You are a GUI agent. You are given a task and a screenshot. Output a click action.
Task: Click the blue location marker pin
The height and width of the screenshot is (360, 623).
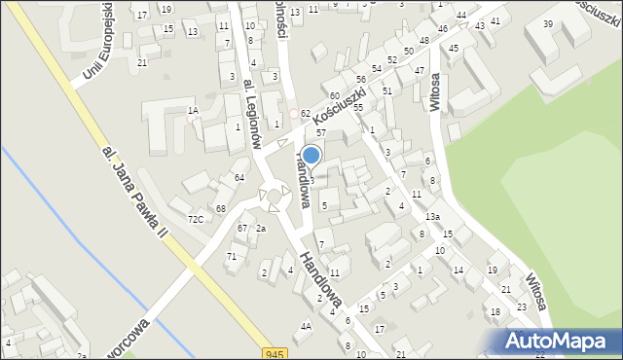(x=311, y=155)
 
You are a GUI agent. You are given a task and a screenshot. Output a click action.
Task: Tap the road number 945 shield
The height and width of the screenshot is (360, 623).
(x=275, y=353)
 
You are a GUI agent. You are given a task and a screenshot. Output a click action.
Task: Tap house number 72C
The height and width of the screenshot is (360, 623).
(x=196, y=219)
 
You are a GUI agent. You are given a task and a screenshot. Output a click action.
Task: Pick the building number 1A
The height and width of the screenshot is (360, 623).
(x=194, y=111)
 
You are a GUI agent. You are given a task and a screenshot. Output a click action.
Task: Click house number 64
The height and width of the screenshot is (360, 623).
(x=239, y=177)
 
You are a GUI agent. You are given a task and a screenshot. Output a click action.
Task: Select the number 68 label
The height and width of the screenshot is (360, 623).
(x=222, y=209)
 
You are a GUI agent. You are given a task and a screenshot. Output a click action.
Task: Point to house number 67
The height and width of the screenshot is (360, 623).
(x=242, y=228)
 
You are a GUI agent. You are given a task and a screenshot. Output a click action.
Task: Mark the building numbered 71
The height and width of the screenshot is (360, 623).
(x=231, y=256)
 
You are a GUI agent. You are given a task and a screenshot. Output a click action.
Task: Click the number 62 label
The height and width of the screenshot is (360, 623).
(x=305, y=114)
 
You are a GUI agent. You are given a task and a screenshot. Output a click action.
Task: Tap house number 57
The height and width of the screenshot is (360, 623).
(x=320, y=131)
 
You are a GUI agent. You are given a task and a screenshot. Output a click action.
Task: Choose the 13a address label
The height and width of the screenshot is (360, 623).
(x=432, y=216)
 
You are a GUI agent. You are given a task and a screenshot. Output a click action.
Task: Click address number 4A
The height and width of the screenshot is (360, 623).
(x=306, y=326)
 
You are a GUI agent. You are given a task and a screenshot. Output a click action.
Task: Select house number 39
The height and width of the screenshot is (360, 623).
(x=548, y=23)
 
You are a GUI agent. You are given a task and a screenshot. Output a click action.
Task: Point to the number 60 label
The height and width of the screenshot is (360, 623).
(x=334, y=95)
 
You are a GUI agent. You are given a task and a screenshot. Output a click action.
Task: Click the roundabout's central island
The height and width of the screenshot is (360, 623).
(x=274, y=198)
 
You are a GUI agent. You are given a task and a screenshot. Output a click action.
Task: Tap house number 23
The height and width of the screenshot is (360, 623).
(x=521, y=306)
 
